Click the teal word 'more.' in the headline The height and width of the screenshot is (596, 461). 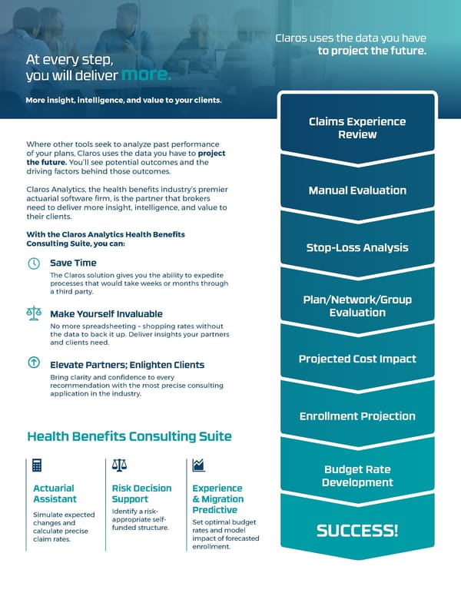pyautogui.click(x=146, y=75)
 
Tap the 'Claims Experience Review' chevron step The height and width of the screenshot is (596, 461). pyautogui.click(x=357, y=128)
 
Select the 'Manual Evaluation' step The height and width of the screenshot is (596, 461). pyautogui.click(x=357, y=190)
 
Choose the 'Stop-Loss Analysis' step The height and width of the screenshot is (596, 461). pyautogui.click(x=357, y=247)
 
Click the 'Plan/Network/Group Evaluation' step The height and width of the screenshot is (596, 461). pyautogui.click(x=357, y=306)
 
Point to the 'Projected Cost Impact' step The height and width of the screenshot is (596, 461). pyautogui.click(x=357, y=359)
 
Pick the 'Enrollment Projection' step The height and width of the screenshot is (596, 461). pyautogui.click(x=357, y=416)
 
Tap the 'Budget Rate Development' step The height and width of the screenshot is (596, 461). pyautogui.click(x=357, y=476)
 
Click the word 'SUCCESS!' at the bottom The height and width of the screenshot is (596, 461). pyautogui.click(x=357, y=531)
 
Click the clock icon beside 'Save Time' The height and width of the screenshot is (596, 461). pyautogui.click(x=34, y=263)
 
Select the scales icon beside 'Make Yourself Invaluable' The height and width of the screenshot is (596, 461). pyautogui.click(x=34, y=313)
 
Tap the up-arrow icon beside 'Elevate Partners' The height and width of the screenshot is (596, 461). pyautogui.click(x=34, y=363)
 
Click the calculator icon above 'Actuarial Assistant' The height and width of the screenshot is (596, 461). pyautogui.click(x=36, y=465)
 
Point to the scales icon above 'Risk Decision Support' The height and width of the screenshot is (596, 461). pyautogui.click(x=119, y=465)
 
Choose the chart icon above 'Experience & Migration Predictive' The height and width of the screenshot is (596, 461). pyautogui.click(x=198, y=465)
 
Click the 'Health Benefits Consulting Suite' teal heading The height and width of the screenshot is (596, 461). pyautogui.click(x=129, y=437)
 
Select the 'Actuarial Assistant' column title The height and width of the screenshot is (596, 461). pyautogui.click(x=54, y=494)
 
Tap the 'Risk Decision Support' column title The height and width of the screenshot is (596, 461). pyautogui.click(x=141, y=494)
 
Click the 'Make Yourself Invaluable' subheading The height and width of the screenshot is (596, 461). pyautogui.click(x=106, y=314)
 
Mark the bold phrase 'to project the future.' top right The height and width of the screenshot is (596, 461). pyautogui.click(x=372, y=51)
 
